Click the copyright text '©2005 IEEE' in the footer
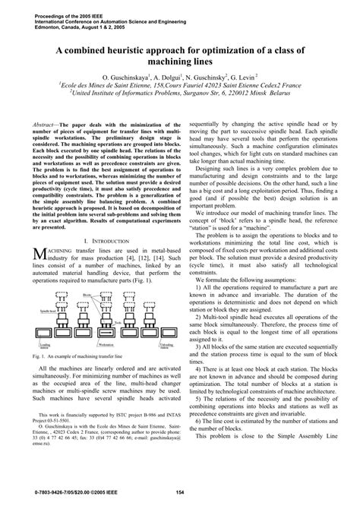coord(92,495)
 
